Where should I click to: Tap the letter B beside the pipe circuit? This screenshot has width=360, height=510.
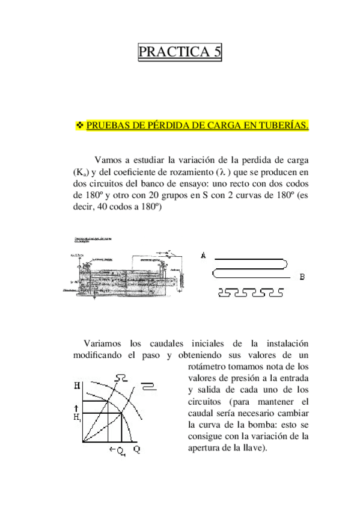(x=302, y=277)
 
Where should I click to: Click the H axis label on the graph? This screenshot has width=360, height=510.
(x=76, y=383)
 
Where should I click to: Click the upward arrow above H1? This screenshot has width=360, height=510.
(x=75, y=408)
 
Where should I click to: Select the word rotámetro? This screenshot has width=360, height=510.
(x=207, y=366)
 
